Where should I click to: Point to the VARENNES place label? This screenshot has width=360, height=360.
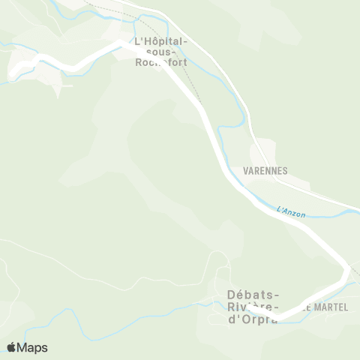coord(265,170)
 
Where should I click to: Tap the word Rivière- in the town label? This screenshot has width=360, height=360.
coord(253,307)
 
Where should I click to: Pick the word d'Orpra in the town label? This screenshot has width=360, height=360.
coord(252,319)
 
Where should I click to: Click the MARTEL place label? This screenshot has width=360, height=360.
coord(330,307)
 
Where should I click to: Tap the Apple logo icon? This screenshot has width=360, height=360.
coord(12,347)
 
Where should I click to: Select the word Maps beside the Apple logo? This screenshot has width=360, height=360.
coord(32,347)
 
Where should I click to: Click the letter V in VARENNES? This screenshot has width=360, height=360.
coord(247,170)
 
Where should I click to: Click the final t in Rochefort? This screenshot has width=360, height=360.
coord(184,62)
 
